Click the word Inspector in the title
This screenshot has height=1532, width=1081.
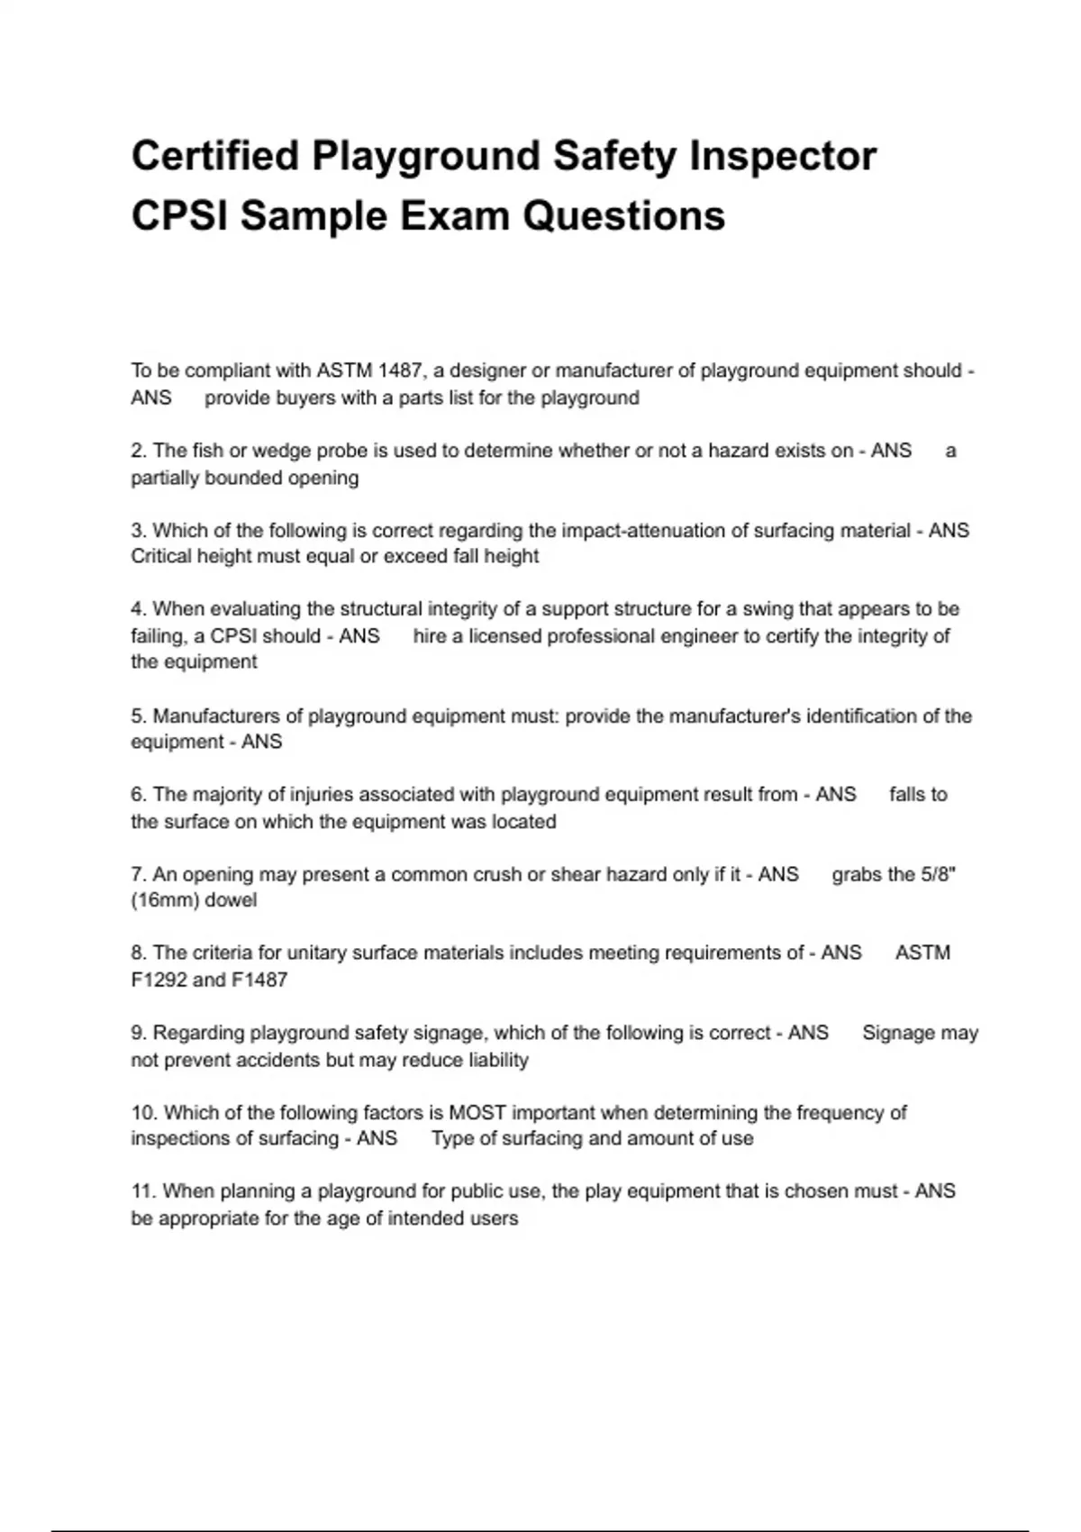(783, 156)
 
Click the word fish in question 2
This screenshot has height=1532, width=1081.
(208, 451)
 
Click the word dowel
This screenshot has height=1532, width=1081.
(232, 900)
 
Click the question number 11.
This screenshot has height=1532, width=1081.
(143, 1191)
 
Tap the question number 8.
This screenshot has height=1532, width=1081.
(138, 953)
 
